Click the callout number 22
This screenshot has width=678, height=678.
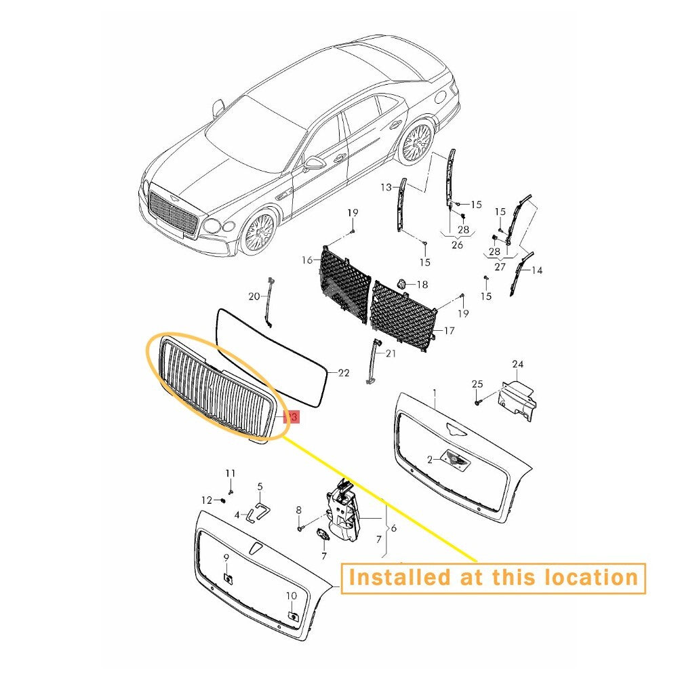343,373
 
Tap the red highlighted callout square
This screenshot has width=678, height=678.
291,417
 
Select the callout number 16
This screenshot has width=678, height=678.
307,260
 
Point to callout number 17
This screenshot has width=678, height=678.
450,331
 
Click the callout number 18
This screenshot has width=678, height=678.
422,285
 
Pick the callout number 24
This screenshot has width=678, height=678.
517,365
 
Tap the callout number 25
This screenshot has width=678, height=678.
477,384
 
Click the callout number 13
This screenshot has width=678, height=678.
386,187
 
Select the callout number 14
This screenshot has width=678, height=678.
536,271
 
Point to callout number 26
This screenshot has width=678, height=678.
457,245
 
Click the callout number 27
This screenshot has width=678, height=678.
500,266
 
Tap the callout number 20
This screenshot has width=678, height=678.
254,296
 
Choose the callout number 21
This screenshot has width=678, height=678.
391,354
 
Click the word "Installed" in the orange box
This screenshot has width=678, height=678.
393,578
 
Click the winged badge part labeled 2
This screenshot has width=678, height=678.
455,458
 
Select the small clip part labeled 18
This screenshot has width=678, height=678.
401,283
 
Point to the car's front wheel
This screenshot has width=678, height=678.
258,232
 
